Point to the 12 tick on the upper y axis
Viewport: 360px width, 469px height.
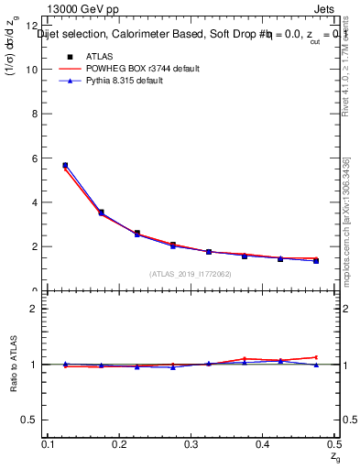point(33,26)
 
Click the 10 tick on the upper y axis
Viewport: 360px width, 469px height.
point(33,70)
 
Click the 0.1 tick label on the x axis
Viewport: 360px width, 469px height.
point(48,444)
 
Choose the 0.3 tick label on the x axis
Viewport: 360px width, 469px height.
point(191,444)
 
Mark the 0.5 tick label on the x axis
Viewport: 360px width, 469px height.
point(333,444)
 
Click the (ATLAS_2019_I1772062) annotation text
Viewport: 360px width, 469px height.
point(191,274)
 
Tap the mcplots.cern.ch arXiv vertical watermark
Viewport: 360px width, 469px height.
point(345,220)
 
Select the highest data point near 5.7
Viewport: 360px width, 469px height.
point(65,166)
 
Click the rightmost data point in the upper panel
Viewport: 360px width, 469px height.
point(316,260)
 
